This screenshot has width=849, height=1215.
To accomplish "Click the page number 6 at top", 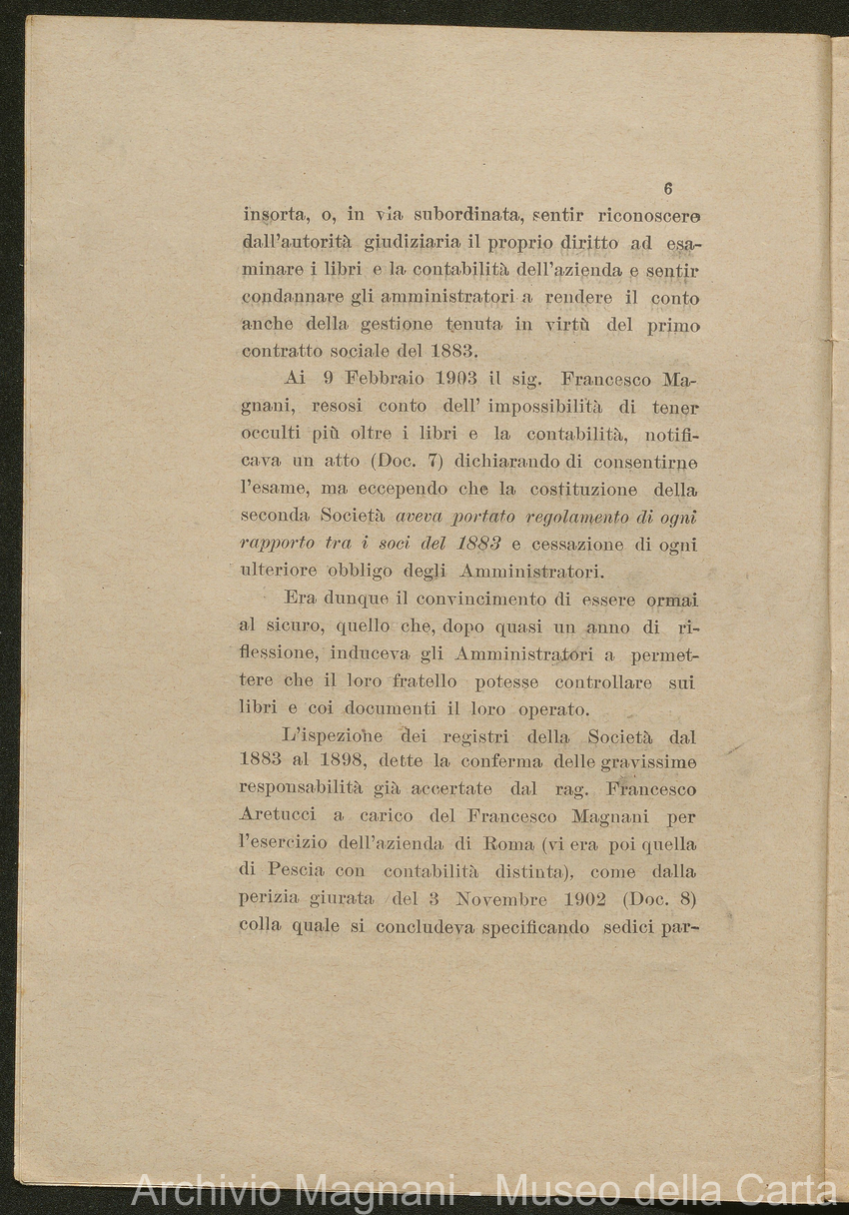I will pos(668,189).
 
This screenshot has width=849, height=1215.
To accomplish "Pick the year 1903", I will pos(487,380).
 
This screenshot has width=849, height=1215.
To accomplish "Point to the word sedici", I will pos(628,926).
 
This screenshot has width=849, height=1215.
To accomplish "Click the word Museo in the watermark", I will pos(564,1190).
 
